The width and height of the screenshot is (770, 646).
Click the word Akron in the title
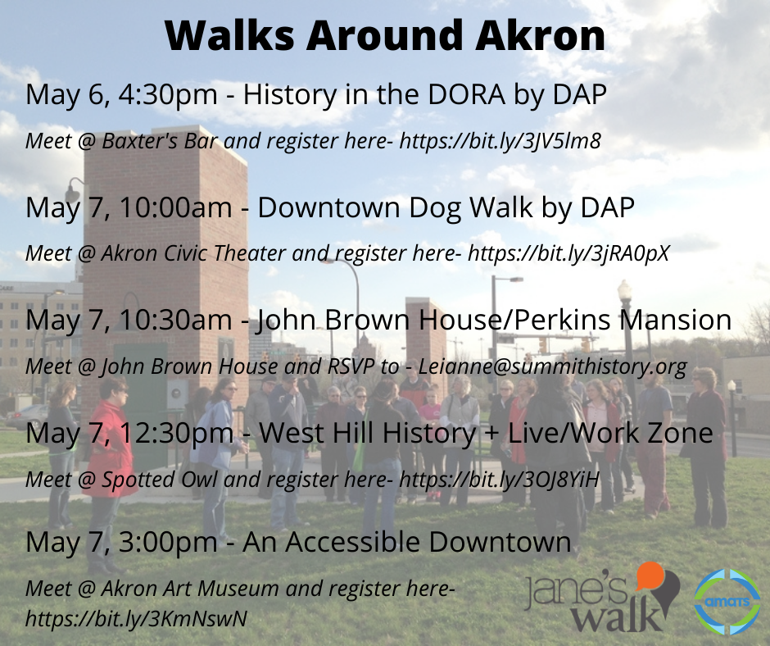point(541,35)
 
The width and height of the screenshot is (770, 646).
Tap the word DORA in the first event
point(467,94)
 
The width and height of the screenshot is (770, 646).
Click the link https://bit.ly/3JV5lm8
point(500,142)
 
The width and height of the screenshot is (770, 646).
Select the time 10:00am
point(175,207)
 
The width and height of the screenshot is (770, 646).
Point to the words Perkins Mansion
point(623,320)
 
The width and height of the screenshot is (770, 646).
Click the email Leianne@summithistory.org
point(552,366)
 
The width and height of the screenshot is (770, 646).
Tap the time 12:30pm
point(176,433)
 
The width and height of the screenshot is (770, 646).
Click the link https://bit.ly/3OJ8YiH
point(500,480)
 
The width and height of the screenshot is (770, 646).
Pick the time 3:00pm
point(169,542)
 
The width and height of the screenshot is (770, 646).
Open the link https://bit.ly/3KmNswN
point(136,619)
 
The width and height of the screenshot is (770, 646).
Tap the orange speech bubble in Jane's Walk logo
point(650,576)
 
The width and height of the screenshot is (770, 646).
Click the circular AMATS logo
point(727,602)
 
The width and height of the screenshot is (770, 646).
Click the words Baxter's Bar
point(160,142)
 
